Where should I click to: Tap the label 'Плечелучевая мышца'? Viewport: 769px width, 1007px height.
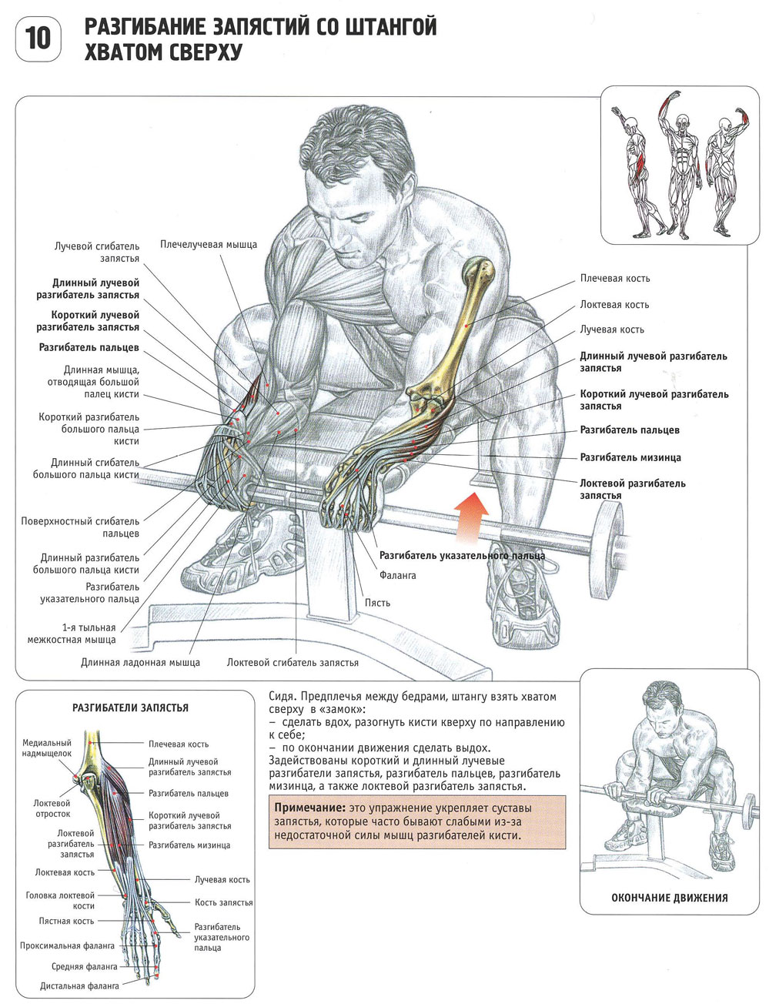coord(208,245)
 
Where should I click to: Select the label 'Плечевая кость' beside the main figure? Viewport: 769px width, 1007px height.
coord(614,279)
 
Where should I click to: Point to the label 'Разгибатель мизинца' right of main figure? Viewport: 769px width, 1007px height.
coord(630,457)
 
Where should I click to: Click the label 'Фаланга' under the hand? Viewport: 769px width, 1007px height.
coord(397,575)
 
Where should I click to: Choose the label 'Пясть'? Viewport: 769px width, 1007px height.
coord(377,603)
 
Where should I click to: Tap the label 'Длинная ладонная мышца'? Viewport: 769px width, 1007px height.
coord(140,662)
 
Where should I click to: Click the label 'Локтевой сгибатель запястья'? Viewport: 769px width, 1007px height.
coord(293,662)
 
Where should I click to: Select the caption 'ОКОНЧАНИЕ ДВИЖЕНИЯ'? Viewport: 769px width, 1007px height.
coord(669,898)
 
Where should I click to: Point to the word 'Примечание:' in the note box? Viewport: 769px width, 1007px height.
coord(310,808)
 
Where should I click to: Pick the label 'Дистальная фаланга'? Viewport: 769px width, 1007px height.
coord(79,985)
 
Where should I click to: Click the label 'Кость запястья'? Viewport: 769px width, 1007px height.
coord(223,902)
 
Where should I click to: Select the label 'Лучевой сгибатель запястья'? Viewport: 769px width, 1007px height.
coord(97,253)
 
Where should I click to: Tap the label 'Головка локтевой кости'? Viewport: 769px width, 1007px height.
coord(60,901)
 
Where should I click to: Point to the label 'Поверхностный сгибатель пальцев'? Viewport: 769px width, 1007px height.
coord(80,527)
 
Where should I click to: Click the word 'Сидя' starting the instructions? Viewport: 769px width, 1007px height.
coord(280,697)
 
